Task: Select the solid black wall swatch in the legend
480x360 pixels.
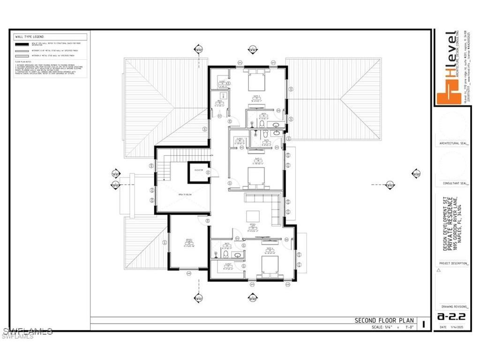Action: pos(22,43)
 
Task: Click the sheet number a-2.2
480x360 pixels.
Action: pos(447,316)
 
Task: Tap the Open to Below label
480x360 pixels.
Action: pos(184,194)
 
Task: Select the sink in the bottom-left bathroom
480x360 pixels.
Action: pos(238,255)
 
